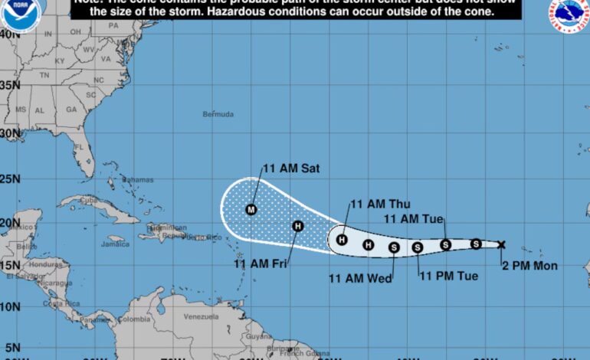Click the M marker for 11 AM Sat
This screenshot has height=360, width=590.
coord(251,209)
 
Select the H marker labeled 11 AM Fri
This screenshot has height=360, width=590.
coord(298,225)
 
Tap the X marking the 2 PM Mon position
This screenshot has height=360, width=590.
coord(501,245)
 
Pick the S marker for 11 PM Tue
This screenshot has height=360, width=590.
coord(418,247)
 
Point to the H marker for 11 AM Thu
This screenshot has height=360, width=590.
coord(343,240)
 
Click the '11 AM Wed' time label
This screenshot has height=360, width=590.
coord(360,278)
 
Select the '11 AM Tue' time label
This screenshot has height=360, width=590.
coord(414,219)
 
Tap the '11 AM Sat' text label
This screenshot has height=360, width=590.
coord(290,168)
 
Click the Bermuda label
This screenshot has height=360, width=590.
coord(218,114)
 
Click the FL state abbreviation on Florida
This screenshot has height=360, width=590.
coord(78,146)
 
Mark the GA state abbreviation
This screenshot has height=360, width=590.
coord(71,110)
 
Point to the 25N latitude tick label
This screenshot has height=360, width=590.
coord(10,178)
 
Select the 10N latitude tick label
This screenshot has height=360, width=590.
coord(10,306)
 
